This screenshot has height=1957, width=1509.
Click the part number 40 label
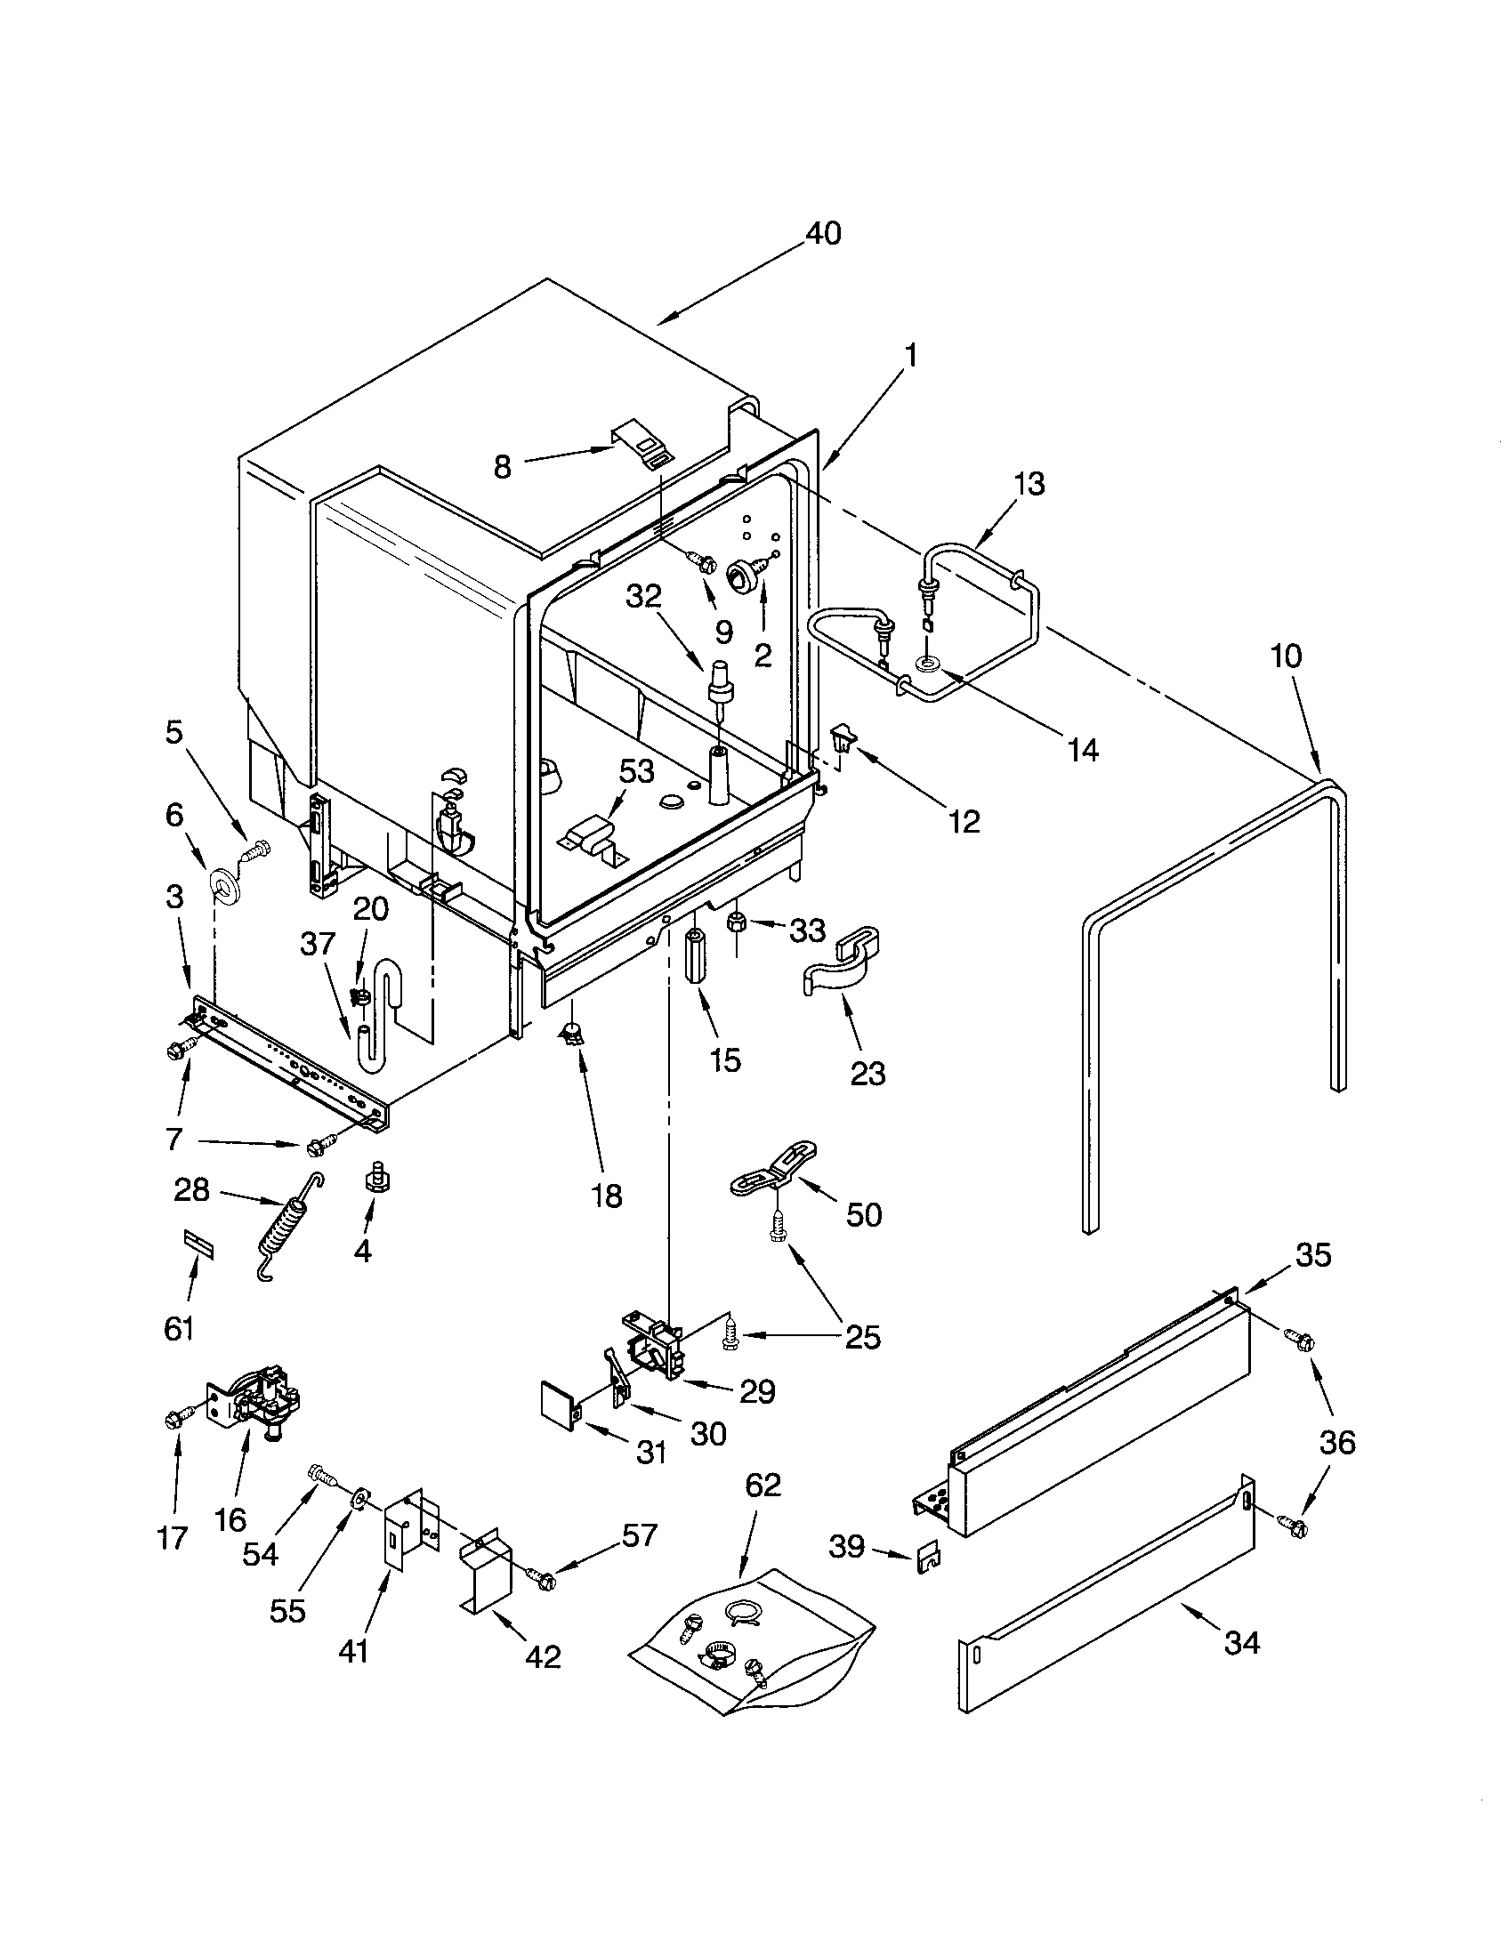coord(823,234)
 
